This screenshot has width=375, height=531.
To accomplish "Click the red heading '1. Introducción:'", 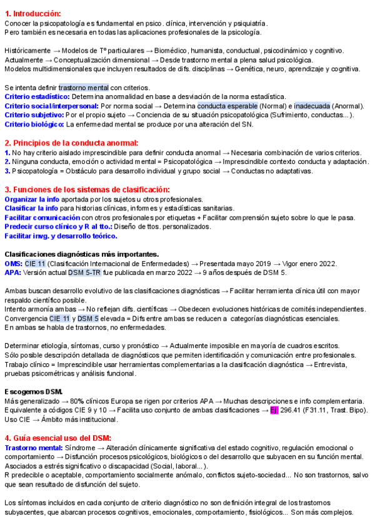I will [x=32, y=13].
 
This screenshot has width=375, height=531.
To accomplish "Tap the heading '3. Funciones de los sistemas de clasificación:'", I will [x=87, y=190].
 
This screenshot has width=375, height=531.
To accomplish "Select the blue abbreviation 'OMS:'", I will [x=13, y=264].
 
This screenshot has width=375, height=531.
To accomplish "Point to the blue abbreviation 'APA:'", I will [x=12, y=273].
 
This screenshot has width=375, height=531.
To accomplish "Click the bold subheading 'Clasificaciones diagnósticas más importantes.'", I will [x=81, y=254].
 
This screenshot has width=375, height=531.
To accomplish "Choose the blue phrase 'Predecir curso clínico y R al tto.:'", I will [x=57, y=226].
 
